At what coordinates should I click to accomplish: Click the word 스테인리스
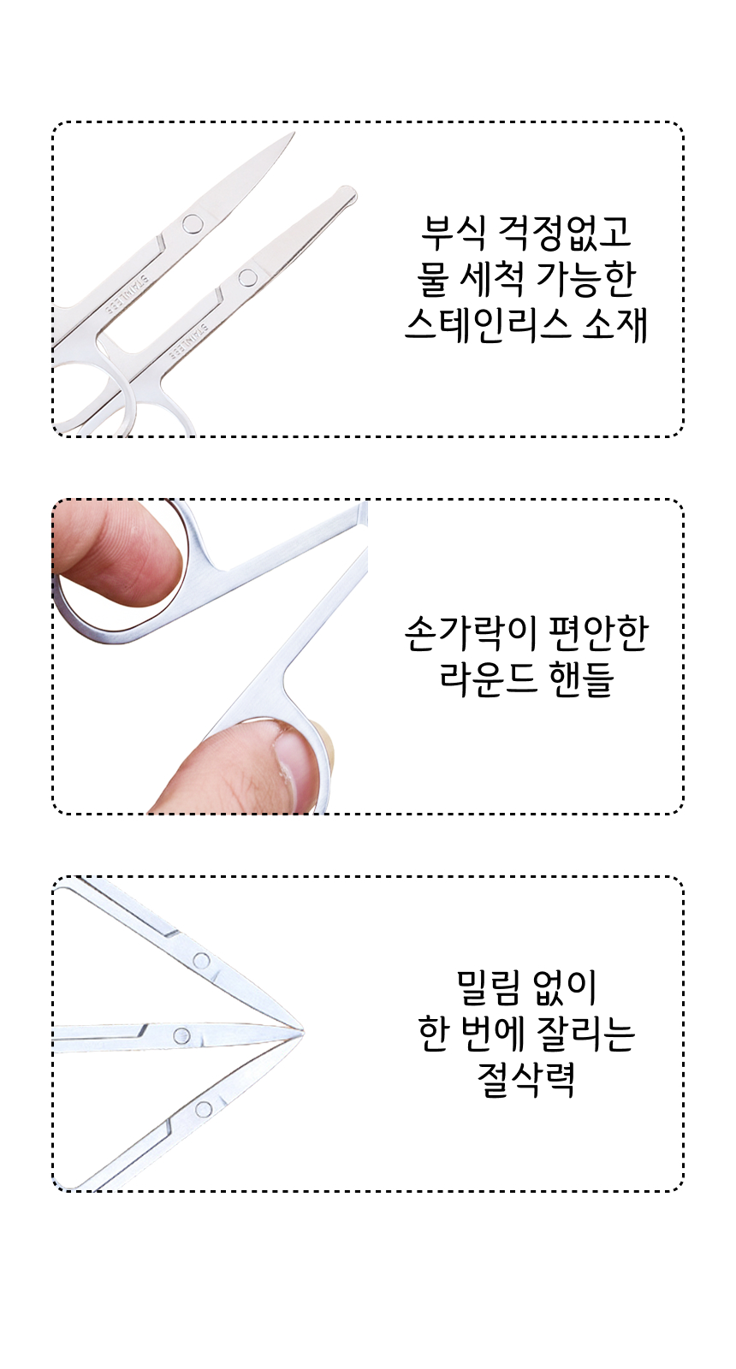click(488, 326)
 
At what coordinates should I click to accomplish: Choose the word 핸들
click(582, 679)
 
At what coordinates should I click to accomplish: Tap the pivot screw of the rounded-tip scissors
click(247, 277)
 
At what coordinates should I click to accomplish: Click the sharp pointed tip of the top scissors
click(294, 133)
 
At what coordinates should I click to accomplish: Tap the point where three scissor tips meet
click(303, 1032)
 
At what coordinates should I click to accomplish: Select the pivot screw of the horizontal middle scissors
click(181, 1034)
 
